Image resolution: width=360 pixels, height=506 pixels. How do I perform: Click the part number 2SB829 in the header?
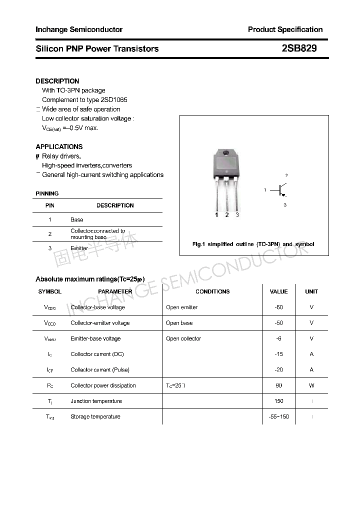pos(299,48)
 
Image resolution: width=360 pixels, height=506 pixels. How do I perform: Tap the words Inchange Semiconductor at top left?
pos(79,29)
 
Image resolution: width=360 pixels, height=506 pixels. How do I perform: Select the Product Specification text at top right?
pos(285,29)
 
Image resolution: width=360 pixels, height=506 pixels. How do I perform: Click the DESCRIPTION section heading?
pos(57,81)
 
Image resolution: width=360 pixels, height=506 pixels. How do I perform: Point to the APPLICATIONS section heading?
pos(59,146)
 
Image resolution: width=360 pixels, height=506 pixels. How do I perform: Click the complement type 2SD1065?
pos(110,100)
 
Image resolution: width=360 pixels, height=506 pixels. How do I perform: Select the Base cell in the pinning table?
pos(77,219)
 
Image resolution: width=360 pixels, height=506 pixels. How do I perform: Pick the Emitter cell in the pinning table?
pos(79,248)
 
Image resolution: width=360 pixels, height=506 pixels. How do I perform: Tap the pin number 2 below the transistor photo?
pos(227,215)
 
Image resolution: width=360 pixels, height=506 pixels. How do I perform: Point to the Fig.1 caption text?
pos(253,244)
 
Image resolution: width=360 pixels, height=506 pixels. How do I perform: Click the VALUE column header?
pos(278,291)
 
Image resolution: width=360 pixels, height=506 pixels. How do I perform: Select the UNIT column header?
pos(311,291)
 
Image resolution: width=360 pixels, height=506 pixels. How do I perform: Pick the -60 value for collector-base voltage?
pos(278,307)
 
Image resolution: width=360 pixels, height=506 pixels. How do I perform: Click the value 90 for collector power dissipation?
pos(278,385)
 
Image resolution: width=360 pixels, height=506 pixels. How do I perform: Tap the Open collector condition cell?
pos(183,338)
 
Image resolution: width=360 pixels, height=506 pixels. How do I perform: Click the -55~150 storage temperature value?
pos(278,416)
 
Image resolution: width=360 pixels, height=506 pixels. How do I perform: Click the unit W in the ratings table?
pos(311,385)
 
